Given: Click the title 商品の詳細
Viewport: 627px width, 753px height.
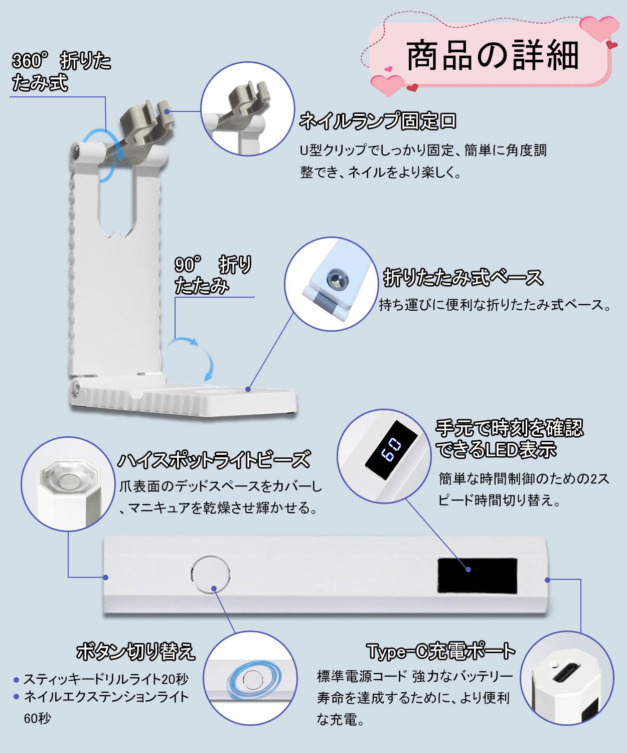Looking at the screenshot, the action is (x=492, y=55).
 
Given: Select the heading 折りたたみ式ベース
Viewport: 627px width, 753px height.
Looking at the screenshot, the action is (x=463, y=277).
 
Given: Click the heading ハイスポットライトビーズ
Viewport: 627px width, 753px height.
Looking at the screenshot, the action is (x=214, y=460).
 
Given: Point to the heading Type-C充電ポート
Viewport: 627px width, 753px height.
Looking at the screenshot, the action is (x=441, y=651).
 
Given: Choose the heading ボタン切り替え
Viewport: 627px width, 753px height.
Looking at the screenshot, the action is (x=135, y=651).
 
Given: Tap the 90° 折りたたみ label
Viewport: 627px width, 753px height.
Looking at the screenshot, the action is (x=213, y=275).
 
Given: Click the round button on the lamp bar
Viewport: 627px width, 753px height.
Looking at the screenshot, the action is (x=211, y=575).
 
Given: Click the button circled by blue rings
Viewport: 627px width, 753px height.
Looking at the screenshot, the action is (x=252, y=680).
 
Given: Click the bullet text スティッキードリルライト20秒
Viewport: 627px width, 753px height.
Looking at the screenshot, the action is (x=106, y=679).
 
